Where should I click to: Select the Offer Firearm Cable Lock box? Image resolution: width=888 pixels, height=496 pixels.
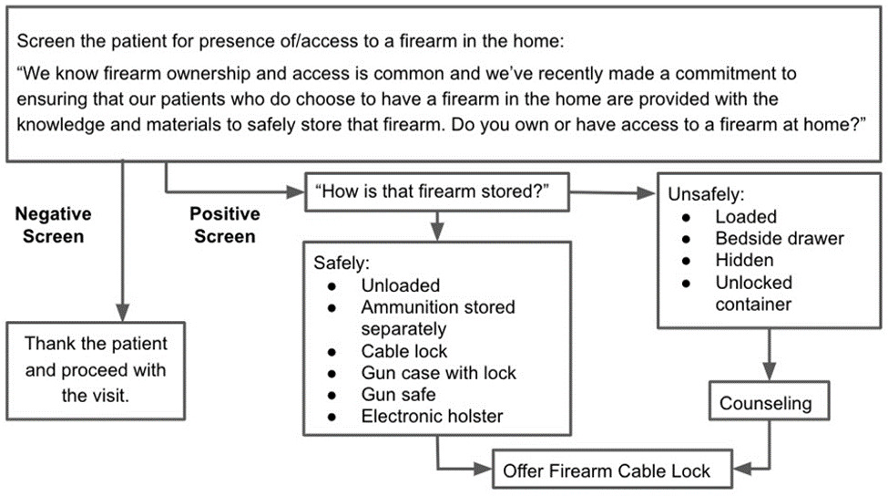(x=606, y=471)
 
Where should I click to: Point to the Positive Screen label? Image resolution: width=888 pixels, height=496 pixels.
(x=223, y=224)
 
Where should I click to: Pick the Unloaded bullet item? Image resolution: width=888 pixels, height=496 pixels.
(x=400, y=285)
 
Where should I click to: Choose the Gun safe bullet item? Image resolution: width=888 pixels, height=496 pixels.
(x=398, y=394)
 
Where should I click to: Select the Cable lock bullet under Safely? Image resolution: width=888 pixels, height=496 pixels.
(x=404, y=351)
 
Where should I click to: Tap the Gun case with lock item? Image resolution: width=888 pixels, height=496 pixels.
(x=438, y=373)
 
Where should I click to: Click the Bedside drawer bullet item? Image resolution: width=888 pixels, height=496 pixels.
(x=779, y=239)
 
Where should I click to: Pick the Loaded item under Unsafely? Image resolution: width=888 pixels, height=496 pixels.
(x=745, y=217)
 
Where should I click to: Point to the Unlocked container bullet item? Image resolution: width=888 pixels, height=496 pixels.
(x=753, y=293)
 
